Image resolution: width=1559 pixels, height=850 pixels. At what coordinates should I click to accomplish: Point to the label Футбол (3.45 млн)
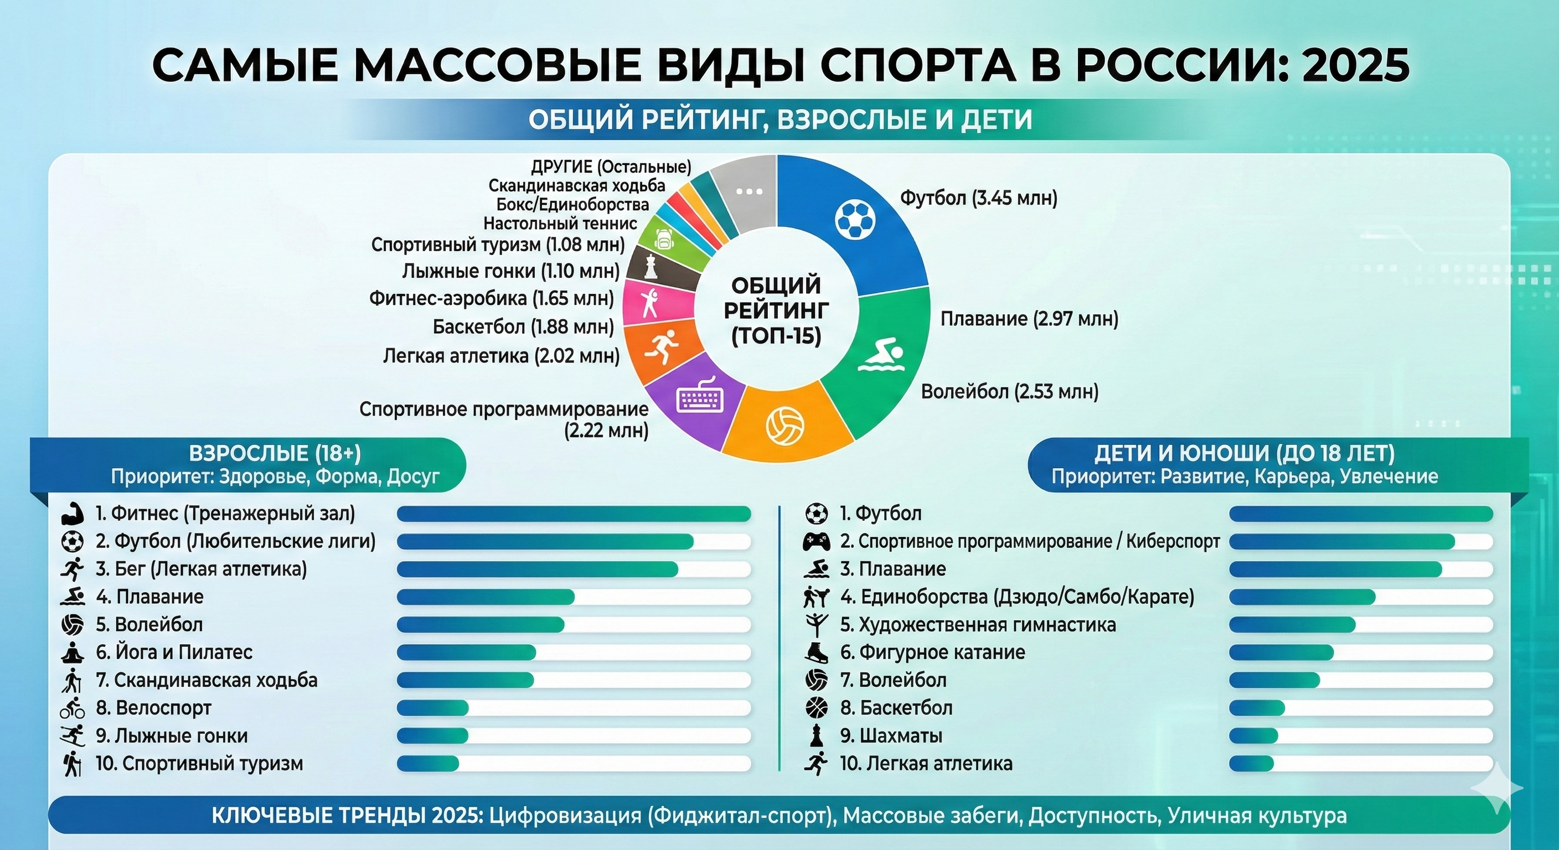coord(979,198)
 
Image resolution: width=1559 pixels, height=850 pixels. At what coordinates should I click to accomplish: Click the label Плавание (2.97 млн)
coord(1029,319)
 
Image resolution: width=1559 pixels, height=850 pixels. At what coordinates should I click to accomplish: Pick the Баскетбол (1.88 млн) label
coord(523,327)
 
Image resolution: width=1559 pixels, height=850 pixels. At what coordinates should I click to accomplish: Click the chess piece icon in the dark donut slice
coord(650,266)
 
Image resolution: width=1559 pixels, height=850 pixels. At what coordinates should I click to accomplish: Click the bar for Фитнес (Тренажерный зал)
coord(573,514)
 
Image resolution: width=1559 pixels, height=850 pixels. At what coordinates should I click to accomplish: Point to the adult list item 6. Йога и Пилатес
coord(174,652)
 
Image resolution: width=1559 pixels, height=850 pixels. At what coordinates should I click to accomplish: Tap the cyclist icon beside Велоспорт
coord(73,708)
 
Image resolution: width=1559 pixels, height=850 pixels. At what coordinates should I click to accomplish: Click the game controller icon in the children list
coord(816,541)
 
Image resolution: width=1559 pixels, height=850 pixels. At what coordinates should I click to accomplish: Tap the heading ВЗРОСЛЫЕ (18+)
coord(275,454)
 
